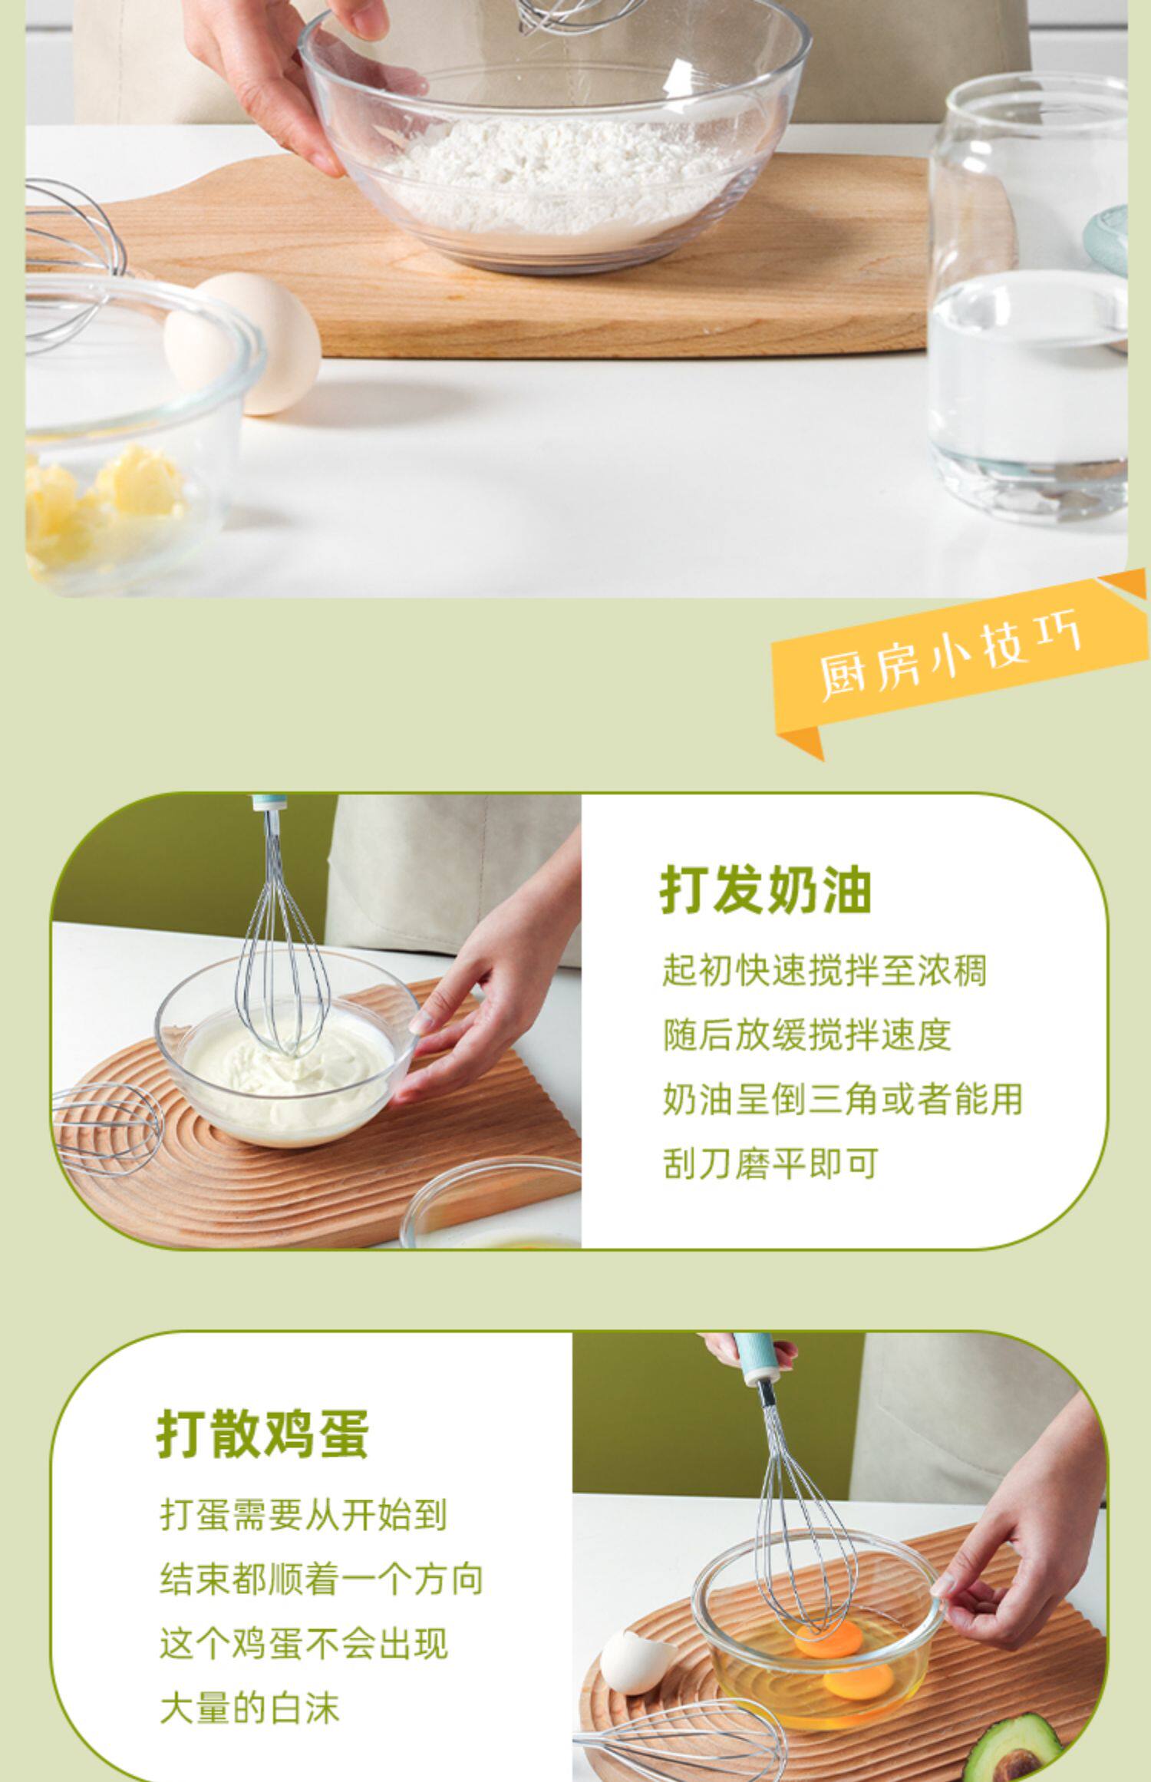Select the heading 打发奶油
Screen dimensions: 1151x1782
coord(766,890)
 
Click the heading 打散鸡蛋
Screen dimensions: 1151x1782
coord(263,1433)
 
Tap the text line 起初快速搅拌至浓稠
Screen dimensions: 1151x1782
coord(824,971)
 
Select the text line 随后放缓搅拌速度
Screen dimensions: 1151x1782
coord(806,1035)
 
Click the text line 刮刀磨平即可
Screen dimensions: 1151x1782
coord(770,1164)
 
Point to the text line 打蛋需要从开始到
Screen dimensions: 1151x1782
coord(303,1515)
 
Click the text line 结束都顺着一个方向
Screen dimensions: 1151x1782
coord(322,1579)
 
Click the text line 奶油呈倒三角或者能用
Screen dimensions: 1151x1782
coord(843,1100)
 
